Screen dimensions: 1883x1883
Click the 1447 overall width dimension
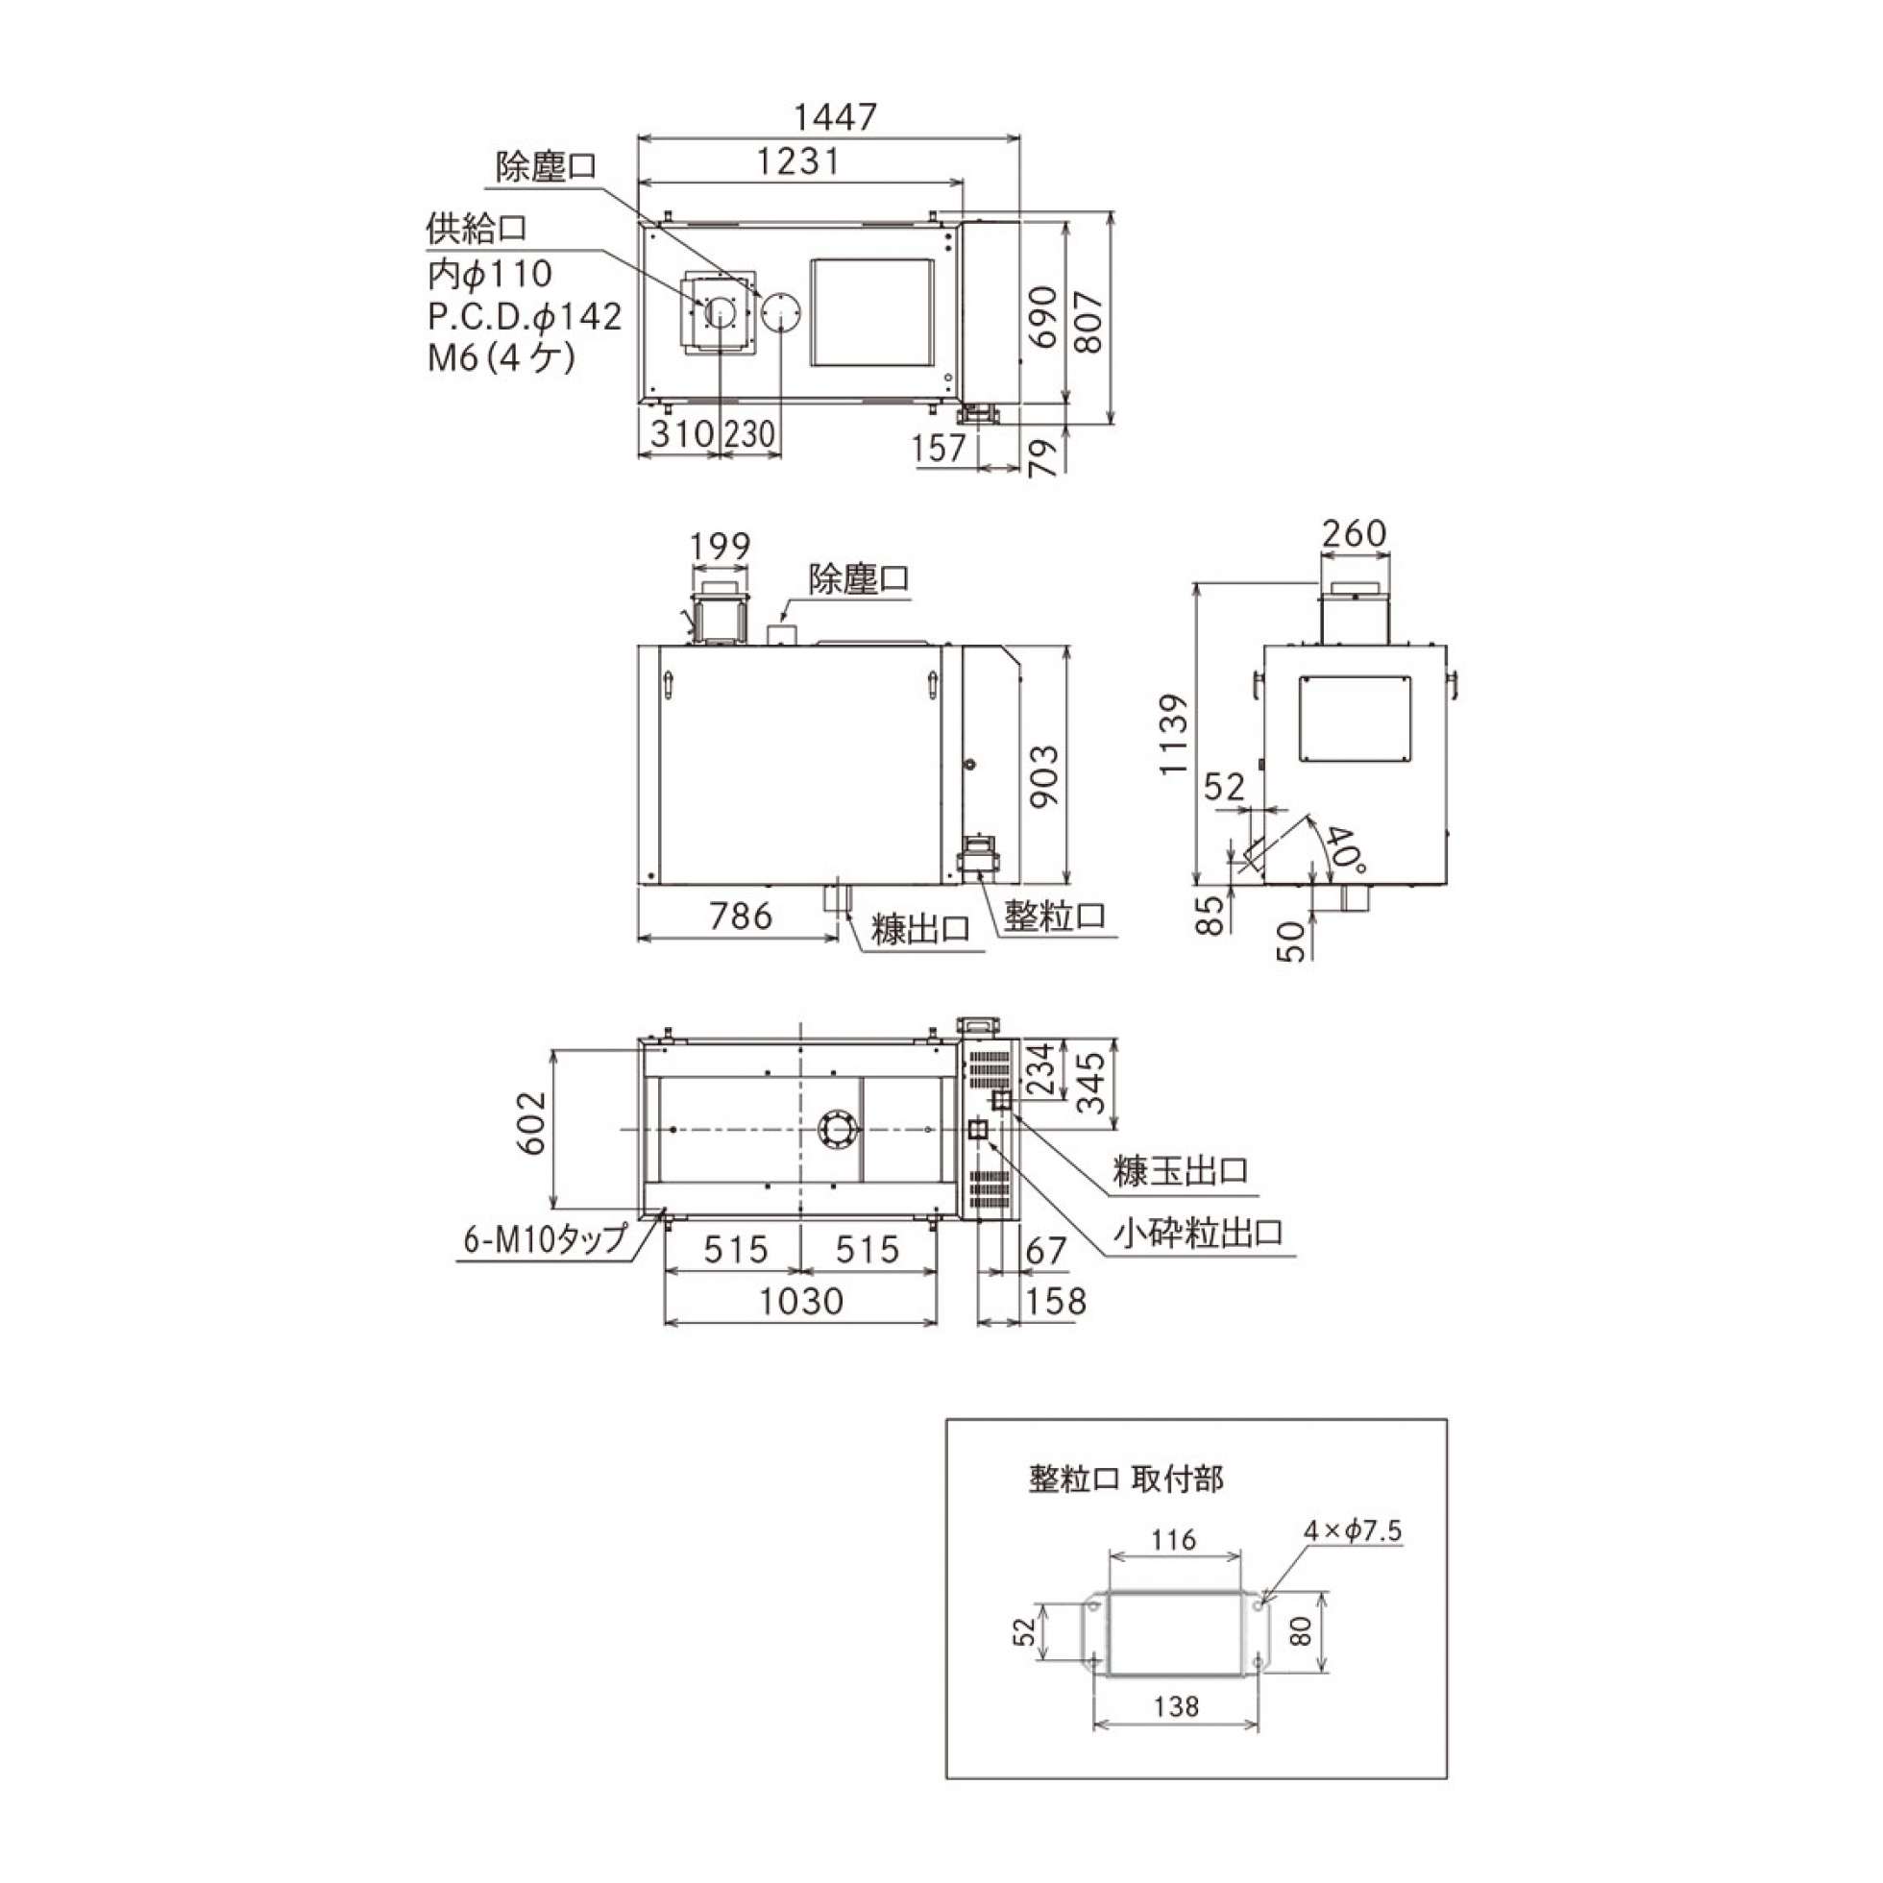835,117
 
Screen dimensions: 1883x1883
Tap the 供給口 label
477,229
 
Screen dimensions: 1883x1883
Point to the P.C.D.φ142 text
525,316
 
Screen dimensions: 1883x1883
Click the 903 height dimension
1044,776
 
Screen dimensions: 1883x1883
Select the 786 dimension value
741,917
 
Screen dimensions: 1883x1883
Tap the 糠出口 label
921,929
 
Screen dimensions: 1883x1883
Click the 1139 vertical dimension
1173,735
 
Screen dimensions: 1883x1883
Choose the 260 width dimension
1354,533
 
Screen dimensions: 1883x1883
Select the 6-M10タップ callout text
545,1239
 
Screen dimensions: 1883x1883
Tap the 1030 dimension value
801,1301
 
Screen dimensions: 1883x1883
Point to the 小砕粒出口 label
1198,1233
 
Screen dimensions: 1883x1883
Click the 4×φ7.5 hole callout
1353,1531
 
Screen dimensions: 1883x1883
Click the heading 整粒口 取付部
1126,1479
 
